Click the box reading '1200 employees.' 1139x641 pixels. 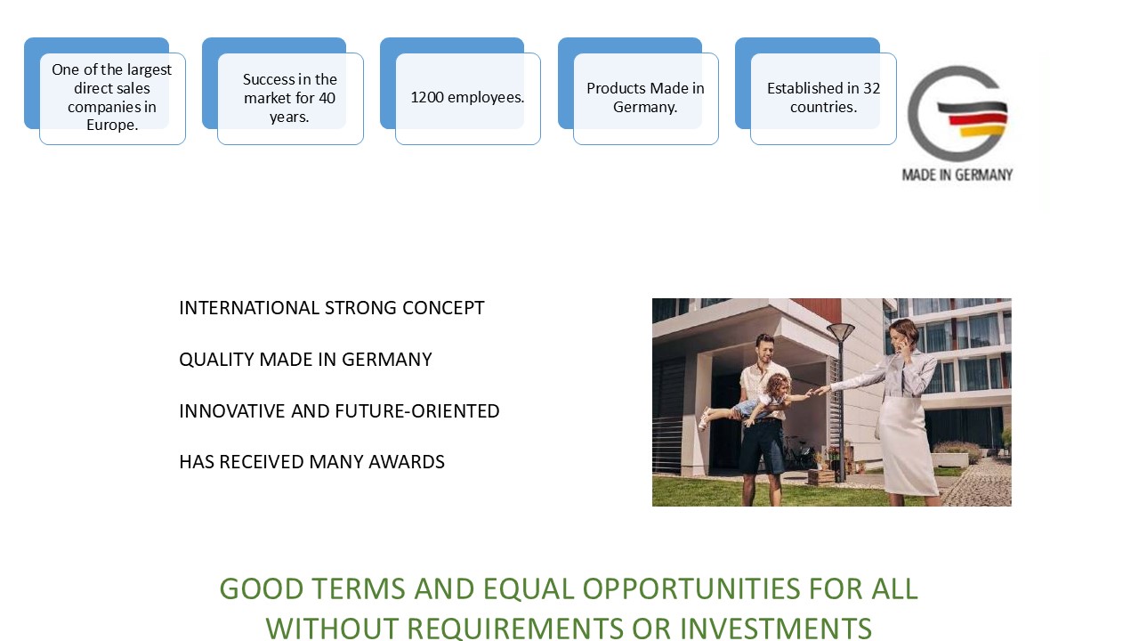pyautogui.click(x=468, y=99)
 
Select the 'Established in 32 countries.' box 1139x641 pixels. pyautogui.click(x=823, y=99)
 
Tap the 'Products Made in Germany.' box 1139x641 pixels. pyautogui.click(x=646, y=99)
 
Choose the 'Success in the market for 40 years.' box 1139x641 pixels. pyautogui.click(x=290, y=99)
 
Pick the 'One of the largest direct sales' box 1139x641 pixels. pyautogui.click(x=112, y=99)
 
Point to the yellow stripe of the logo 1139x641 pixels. pyautogui.click(x=982, y=131)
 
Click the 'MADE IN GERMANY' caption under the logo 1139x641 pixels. pyautogui.click(x=957, y=175)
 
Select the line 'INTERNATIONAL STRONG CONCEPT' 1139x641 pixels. pyautogui.click(x=332, y=308)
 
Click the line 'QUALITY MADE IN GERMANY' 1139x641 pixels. pyautogui.click(x=305, y=360)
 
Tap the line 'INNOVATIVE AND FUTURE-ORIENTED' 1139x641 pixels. pyautogui.click(x=339, y=411)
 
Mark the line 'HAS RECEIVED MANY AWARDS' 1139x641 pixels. pyautogui.click(x=311, y=462)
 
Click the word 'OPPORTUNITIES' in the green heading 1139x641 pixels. pyautogui.click(x=691, y=589)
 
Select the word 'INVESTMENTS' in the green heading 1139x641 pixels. pyautogui.click(x=777, y=629)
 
